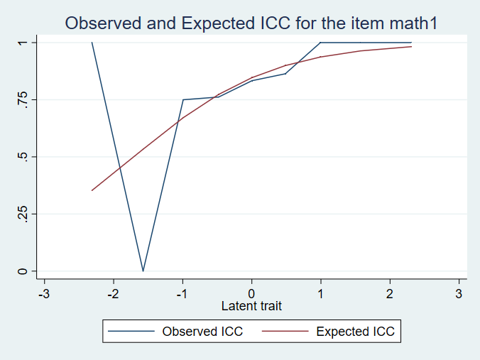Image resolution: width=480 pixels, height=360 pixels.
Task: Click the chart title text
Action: click(251, 23)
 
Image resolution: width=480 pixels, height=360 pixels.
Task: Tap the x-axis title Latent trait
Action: click(251, 306)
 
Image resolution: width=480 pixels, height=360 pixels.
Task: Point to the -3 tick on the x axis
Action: click(44, 293)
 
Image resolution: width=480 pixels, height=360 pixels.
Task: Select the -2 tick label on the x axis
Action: click(113, 293)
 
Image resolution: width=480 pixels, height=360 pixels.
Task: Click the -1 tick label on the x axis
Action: click(182, 293)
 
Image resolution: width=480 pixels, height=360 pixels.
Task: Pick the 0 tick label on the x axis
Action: click(251, 293)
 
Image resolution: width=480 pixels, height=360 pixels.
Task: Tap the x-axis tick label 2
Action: click(390, 293)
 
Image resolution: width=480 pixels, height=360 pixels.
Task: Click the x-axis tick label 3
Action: click(459, 293)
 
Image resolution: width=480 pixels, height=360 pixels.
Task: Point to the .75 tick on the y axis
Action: click(23, 100)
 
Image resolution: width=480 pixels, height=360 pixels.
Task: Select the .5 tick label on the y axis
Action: click(23, 157)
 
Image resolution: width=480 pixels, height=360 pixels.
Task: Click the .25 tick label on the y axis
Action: click(23, 214)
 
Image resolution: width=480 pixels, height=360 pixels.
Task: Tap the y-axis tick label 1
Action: click(23, 43)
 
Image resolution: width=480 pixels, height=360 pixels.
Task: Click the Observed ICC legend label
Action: click(202, 331)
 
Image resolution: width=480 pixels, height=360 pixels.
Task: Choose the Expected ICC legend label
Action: click(355, 331)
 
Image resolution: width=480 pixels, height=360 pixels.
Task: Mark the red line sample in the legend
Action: click(287, 331)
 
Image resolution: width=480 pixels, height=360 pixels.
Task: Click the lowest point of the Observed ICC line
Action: click(143, 271)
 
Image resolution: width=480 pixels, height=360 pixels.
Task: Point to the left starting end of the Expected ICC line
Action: click(92, 190)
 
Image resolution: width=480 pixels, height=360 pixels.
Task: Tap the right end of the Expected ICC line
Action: click(411, 47)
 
